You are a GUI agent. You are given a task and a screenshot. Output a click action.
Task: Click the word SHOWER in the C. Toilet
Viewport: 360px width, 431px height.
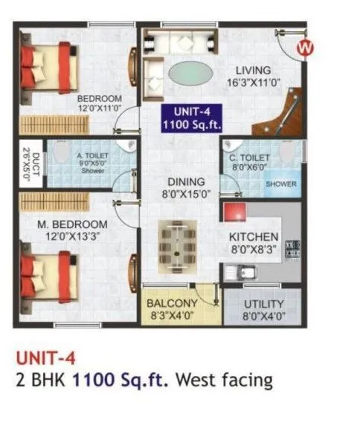pos(281,184)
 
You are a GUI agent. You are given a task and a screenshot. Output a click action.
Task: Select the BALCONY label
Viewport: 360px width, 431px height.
pos(171,304)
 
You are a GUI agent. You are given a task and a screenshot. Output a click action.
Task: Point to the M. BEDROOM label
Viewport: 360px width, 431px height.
pos(74,224)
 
